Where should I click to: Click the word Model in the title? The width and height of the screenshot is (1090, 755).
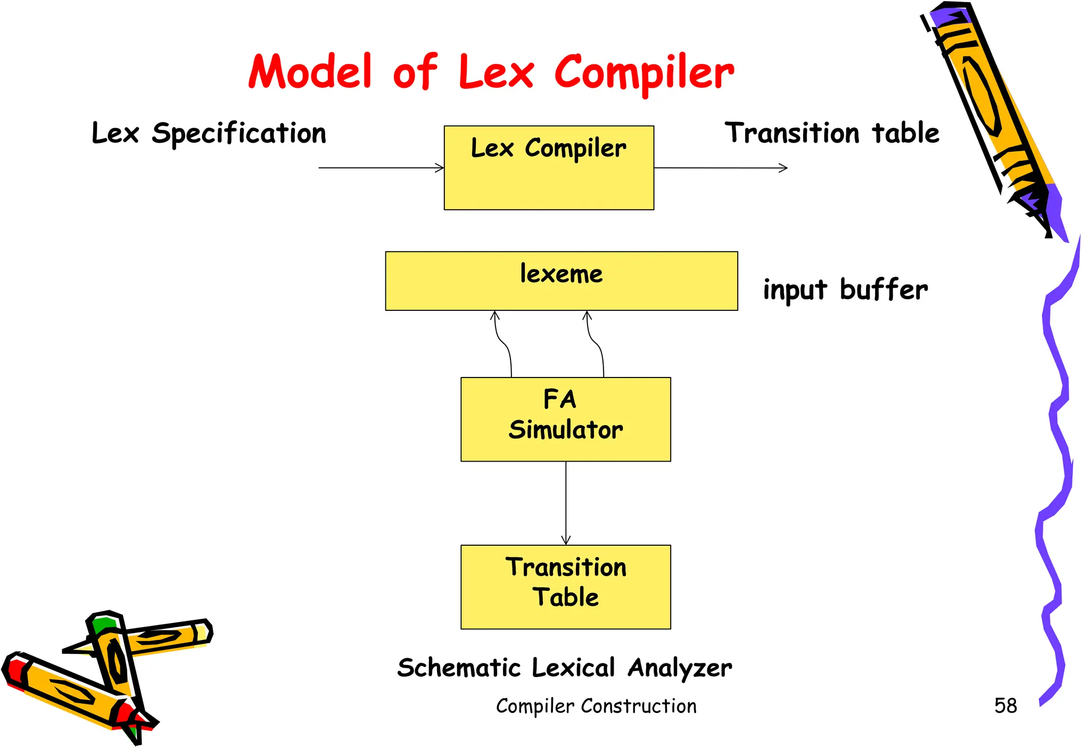coord(310,72)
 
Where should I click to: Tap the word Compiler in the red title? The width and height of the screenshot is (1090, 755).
coord(644,73)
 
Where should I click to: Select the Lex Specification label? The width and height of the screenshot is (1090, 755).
coord(209,133)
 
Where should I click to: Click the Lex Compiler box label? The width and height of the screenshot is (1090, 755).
coord(548,148)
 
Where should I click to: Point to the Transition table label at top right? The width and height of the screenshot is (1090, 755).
coord(832,133)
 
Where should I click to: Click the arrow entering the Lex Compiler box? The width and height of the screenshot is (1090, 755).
coord(381,168)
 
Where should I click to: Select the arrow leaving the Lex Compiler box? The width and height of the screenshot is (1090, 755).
coord(721,168)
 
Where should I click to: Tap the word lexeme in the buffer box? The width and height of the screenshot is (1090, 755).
coord(561,274)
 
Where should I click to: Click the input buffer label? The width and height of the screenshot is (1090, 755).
coord(845,290)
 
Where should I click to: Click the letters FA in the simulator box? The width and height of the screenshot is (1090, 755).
coord(559,399)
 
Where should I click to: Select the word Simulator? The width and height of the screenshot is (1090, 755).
coord(565,430)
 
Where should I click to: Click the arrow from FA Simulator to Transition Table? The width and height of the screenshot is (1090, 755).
coord(566,503)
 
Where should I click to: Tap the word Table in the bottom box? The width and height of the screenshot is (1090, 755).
coord(565,597)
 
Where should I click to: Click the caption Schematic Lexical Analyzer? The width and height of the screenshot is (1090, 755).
coord(564,668)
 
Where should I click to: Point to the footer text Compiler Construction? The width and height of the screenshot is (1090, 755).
coord(596,706)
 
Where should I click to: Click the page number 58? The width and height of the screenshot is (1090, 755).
coord(1005,705)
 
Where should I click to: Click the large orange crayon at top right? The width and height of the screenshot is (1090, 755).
coord(990,106)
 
